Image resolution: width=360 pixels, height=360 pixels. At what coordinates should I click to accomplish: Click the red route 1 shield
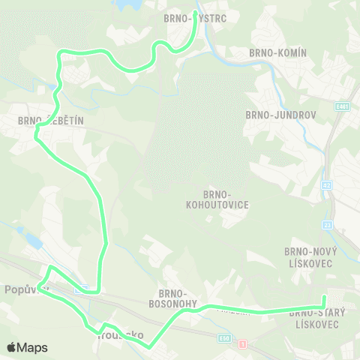242,343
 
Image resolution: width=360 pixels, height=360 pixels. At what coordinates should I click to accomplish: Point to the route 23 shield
328,225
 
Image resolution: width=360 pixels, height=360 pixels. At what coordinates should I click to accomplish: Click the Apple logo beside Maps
12,347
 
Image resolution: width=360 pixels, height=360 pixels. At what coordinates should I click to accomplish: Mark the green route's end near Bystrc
195,13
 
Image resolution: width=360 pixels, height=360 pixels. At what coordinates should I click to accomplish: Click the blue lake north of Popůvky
34,240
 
